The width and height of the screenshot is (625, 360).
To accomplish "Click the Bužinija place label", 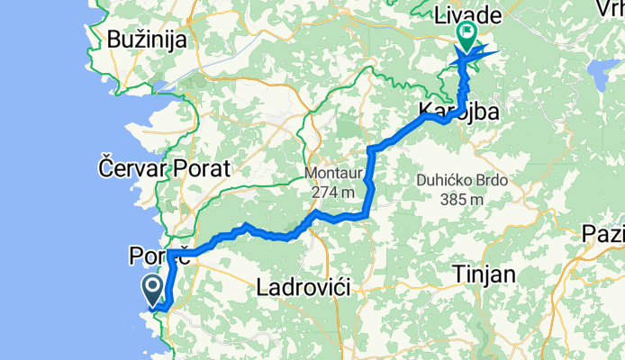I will pos(146,40).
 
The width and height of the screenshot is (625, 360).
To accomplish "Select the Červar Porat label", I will pos(165,167).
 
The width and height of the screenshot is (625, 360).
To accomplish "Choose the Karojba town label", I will pos(458,110).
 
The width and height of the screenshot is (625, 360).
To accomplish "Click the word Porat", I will pos(205,167).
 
